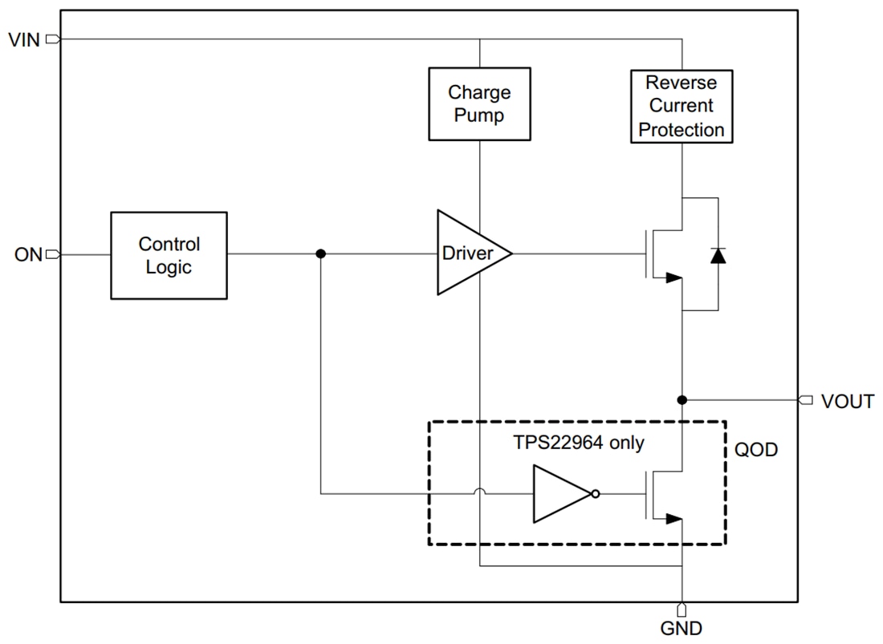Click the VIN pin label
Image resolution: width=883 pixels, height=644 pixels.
tap(23, 38)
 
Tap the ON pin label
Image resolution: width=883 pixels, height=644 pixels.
tap(27, 255)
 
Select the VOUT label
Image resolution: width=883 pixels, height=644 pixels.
tap(847, 402)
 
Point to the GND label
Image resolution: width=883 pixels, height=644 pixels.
tap(681, 628)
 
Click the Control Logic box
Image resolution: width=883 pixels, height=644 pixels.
tap(169, 256)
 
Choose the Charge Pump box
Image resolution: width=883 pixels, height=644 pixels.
tap(479, 104)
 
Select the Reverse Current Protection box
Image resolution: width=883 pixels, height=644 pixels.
tap(682, 107)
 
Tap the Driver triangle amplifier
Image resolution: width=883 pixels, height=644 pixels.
tap(470, 253)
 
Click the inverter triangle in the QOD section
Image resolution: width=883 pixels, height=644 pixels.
tap(560, 494)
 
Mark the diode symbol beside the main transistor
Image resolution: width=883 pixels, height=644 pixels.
tap(718, 255)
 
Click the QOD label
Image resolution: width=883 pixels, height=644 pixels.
tap(756, 450)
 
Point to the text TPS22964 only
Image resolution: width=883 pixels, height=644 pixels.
tap(578, 442)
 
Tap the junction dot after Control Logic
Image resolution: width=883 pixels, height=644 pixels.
tap(321, 254)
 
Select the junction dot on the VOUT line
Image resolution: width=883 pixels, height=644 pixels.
tap(682, 399)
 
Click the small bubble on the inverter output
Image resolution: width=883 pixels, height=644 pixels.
tap(595, 494)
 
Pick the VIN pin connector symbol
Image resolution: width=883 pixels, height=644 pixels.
tap(53, 38)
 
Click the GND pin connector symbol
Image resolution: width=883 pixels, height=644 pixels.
tap(682, 610)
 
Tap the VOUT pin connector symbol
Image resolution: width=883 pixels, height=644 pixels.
tap(806, 399)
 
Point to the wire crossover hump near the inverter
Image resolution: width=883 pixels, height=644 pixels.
tap(479, 494)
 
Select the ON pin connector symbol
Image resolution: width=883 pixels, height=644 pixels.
tap(53, 255)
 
